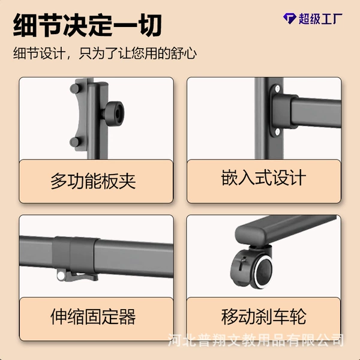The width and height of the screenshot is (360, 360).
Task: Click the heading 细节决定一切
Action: click(87, 25)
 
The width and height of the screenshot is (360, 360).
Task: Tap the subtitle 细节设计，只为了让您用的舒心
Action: click(104, 53)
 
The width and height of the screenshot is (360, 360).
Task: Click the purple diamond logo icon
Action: click(289, 19)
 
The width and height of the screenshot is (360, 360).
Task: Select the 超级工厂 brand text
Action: click(320, 19)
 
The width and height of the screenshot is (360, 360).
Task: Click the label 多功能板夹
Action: click(93, 181)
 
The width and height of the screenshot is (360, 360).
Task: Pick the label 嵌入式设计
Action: click(263, 178)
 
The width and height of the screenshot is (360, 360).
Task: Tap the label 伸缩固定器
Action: click(93, 317)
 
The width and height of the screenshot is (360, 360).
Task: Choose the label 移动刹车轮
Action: click(264, 317)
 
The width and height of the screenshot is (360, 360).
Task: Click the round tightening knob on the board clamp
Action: click(116, 113)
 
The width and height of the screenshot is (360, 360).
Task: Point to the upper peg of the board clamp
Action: click(74, 88)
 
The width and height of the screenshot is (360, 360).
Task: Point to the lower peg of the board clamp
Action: click(75, 142)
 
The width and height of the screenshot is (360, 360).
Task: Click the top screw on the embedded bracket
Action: click(277, 88)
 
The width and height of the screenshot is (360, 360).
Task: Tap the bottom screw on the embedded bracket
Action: click(277, 131)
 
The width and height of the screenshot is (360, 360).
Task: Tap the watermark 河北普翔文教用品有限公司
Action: click(256, 340)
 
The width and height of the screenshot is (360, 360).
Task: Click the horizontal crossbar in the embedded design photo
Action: click(315, 111)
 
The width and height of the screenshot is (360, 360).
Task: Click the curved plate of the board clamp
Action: click(82, 115)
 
